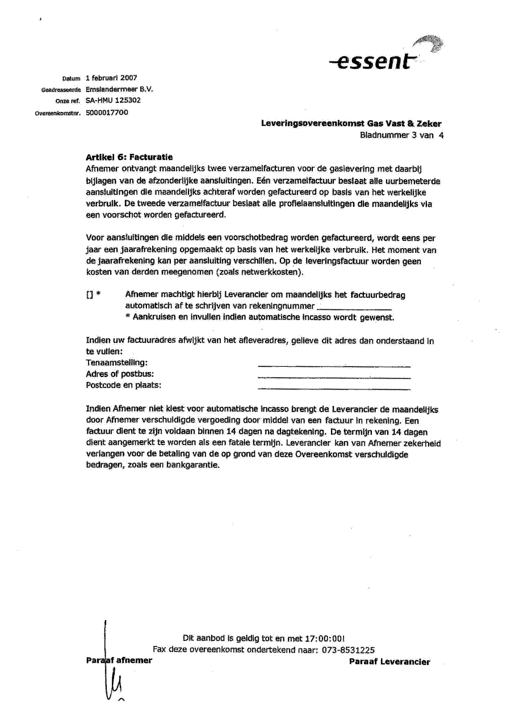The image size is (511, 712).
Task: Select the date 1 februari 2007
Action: (x=111, y=78)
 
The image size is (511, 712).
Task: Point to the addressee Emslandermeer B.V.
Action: (x=120, y=89)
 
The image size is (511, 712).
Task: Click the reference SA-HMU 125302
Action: (x=114, y=100)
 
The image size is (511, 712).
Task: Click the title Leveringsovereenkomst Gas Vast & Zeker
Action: (x=351, y=123)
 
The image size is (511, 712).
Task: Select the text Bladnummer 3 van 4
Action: (x=401, y=135)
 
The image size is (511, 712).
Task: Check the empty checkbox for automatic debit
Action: (x=89, y=296)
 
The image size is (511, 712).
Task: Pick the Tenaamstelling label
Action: (x=116, y=362)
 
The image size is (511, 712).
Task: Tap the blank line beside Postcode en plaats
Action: (x=334, y=389)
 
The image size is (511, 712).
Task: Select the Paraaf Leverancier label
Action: (x=389, y=661)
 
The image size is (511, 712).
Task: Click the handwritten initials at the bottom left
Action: (x=113, y=676)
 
